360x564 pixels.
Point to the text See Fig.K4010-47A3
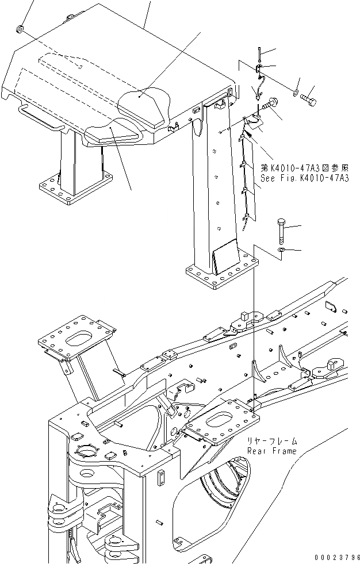(x=304, y=179)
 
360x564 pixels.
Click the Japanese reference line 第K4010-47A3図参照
(x=304, y=169)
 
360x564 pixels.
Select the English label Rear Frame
(x=272, y=451)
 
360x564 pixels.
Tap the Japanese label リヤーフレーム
(x=272, y=442)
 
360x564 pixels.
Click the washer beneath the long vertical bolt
(x=281, y=251)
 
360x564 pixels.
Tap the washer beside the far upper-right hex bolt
(x=294, y=93)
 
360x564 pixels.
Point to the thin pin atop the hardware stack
(x=260, y=54)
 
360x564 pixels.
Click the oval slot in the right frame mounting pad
(x=222, y=419)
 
